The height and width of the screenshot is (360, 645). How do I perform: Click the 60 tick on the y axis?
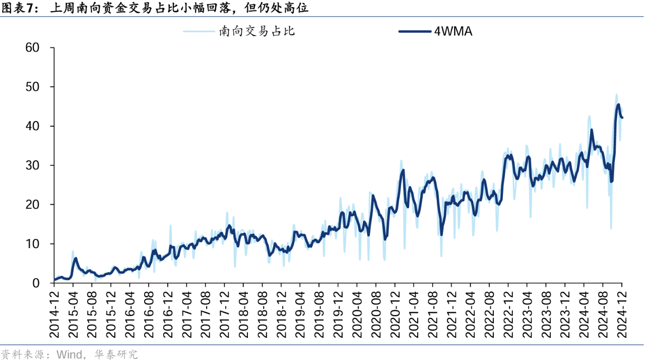pos(32,48)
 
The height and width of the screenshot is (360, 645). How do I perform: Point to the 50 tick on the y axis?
pos(32,87)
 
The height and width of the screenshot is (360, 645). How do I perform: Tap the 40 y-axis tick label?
pos(32,127)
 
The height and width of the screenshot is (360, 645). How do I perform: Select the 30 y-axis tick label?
pos(32,166)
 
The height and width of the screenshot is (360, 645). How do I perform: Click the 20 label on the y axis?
pos(32,205)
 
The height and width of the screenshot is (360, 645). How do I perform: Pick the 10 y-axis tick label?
pos(32,245)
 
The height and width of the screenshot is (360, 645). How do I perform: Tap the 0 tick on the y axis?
pos(36,284)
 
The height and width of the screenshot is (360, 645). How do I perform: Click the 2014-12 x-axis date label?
pos(54,310)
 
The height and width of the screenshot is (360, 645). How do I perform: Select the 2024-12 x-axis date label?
pos(622,310)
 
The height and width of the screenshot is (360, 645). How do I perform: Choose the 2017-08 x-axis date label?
pos(205,310)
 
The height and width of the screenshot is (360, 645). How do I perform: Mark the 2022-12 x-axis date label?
pos(508,310)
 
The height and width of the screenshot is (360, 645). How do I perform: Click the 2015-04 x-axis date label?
pos(73,310)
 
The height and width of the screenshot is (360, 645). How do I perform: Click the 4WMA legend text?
pos(453,31)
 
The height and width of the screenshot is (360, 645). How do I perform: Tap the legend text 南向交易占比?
pos(256,31)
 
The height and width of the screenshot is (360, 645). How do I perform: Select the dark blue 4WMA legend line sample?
pos(415,31)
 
